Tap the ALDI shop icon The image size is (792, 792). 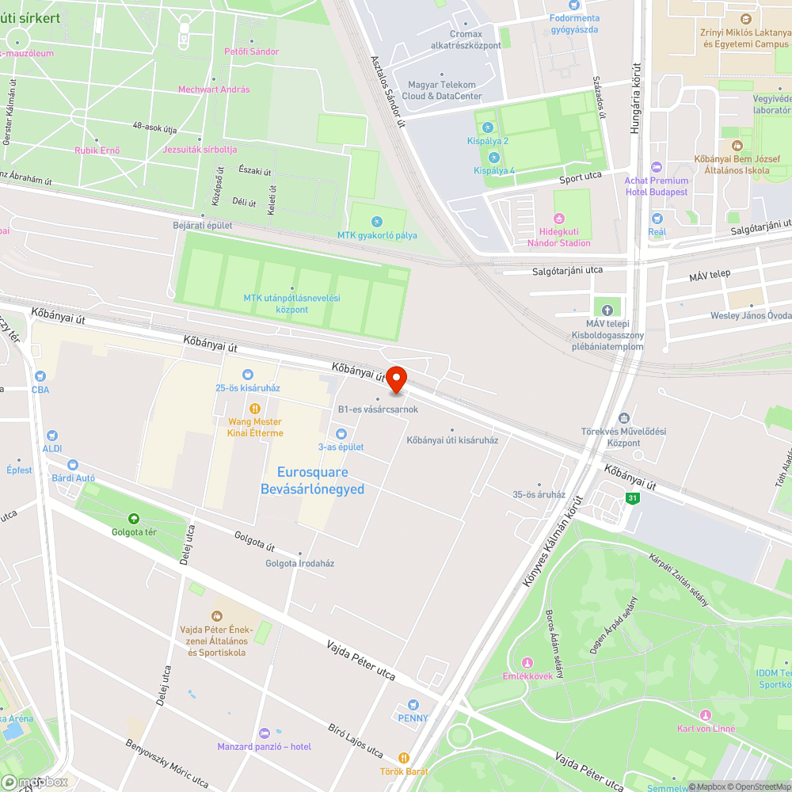click(x=52, y=436)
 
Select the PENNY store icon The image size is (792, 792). click(x=413, y=705)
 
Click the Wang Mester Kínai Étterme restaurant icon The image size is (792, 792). click(x=255, y=409)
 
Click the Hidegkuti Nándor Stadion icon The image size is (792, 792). click(x=559, y=219)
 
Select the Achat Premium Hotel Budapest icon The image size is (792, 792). click(x=657, y=167)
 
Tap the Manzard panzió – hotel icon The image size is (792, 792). click(x=265, y=733)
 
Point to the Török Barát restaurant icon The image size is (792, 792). click(x=404, y=758)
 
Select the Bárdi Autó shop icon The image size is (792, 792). click(x=73, y=465)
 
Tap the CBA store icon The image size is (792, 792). click(x=40, y=376)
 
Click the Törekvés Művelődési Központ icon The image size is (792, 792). click(x=624, y=418)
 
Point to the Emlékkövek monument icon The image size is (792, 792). click(x=527, y=662)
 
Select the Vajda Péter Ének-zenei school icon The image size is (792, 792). click(x=217, y=616)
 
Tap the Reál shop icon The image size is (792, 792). click(x=657, y=219)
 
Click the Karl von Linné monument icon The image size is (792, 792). click(x=706, y=715)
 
